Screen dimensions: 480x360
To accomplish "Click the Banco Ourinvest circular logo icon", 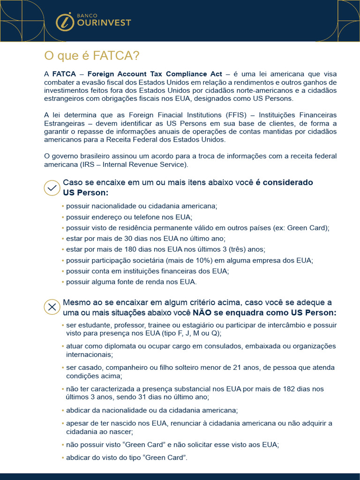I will click(x=65, y=22).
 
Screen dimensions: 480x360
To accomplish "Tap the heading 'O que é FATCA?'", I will click(x=92, y=56).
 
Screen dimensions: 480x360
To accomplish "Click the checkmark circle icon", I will click(x=52, y=187).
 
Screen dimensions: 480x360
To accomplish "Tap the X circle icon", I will click(x=52, y=307).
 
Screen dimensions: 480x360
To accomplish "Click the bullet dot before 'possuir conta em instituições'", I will click(x=63, y=271).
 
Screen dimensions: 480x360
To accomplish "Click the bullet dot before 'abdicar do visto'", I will click(x=63, y=457).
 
